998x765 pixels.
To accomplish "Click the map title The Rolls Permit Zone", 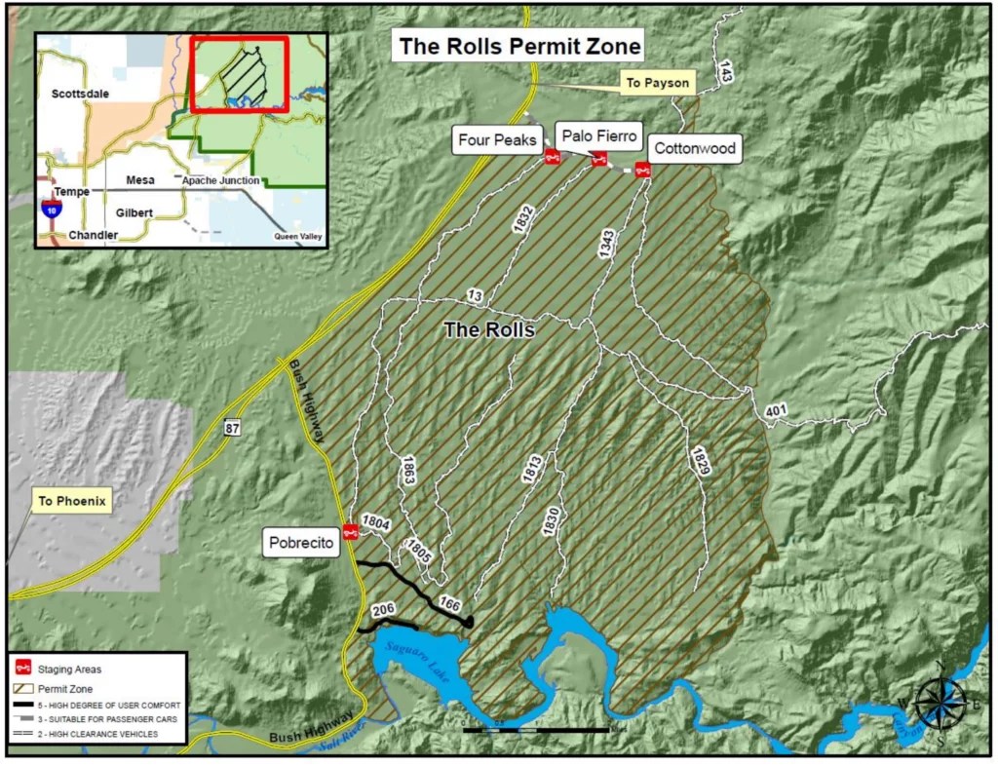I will pos(517,45).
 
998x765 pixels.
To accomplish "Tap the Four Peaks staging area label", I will pos(497,141).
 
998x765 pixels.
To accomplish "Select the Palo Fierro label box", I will pos(598,135).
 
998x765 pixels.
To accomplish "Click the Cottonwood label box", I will pos(693,149).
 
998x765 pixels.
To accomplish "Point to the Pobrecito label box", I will pos(302,543).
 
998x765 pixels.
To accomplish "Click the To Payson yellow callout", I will pos(657,83).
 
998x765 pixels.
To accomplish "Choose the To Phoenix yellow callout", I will pos(72,503).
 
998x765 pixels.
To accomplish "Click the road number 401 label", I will pos(776,411).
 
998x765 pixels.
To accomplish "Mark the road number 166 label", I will pos(449,602).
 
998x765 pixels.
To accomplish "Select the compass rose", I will pos(940,703).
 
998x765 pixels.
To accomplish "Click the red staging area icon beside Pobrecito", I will pos(350,531).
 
